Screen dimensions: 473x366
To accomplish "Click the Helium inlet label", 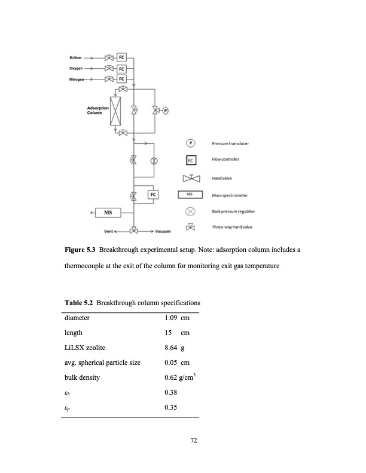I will point(75,58).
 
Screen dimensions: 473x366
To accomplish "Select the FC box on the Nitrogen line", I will point(122,79).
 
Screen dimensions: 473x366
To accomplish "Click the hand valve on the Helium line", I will point(109,58).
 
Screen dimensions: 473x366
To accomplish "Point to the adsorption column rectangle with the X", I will point(115,112).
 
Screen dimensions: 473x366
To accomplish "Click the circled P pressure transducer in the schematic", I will point(166,110).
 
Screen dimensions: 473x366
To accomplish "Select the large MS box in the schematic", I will point(109,212).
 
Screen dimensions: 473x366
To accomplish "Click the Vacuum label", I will point(163,231).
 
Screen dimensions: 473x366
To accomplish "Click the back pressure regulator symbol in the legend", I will point(190,211).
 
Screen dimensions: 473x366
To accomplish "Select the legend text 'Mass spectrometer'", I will point(231,195).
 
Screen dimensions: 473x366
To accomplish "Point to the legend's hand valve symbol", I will point(190,178).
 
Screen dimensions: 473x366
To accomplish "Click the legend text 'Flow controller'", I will point(226,160).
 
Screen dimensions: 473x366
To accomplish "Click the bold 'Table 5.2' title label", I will point(78,303).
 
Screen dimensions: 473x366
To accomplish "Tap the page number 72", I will point(193,441).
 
